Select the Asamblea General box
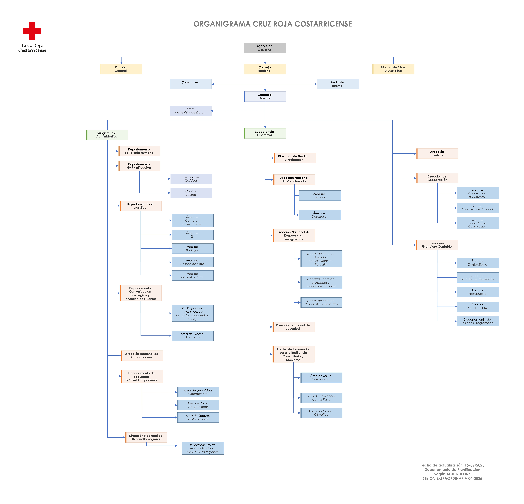click(265, 48)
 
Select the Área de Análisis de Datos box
click(190, 111)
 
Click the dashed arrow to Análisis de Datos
click(238, 111)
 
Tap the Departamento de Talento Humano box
click(139, 151)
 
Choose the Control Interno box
click(191, 193)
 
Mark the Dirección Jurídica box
click(437, 153)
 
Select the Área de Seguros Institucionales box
click(198, 417)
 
